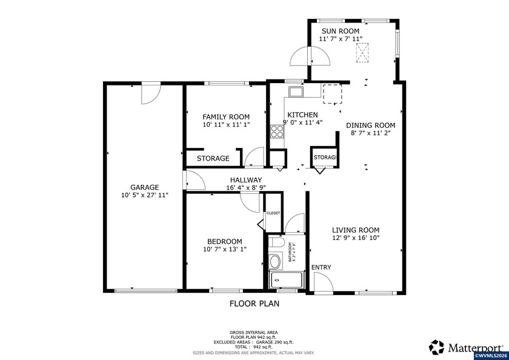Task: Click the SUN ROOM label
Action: (341, 31)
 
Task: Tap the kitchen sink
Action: (296, 92)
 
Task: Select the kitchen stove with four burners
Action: (277, 132)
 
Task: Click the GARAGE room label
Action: (144, 187)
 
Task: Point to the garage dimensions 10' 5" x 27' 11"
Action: (144, 195)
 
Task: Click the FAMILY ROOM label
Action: (226, 116)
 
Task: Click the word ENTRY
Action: (321, 267)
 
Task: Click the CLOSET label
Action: (273, 213)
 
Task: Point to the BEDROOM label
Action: (225, 241)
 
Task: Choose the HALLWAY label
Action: (245, 180)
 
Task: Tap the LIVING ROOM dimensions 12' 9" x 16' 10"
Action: (355, 238)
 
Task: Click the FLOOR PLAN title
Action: (254, 304)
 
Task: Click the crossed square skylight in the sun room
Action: (362, 53)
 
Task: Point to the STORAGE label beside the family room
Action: (212, 158)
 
